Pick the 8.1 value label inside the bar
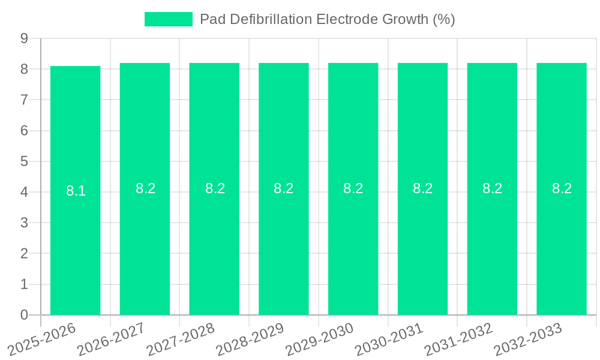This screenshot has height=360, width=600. click(x=76, y=191)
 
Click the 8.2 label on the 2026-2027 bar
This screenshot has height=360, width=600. click(x=145, y=188)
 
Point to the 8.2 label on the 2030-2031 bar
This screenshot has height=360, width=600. click(x=422, y=188)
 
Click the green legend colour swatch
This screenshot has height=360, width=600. click(x=168, y=19)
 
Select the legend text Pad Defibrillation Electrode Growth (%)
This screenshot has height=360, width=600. click(x=327, y=19)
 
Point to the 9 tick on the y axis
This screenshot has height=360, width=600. click(x=25, y=38)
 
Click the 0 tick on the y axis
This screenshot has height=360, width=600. click(x=25, y=315)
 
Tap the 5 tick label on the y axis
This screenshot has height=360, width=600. click(x=25, y=161)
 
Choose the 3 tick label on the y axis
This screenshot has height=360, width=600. click(x=25, y=223)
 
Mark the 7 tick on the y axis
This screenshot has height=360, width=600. click(x=25, y=100)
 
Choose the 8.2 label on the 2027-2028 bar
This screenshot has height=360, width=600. click(x=215, y=188)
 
